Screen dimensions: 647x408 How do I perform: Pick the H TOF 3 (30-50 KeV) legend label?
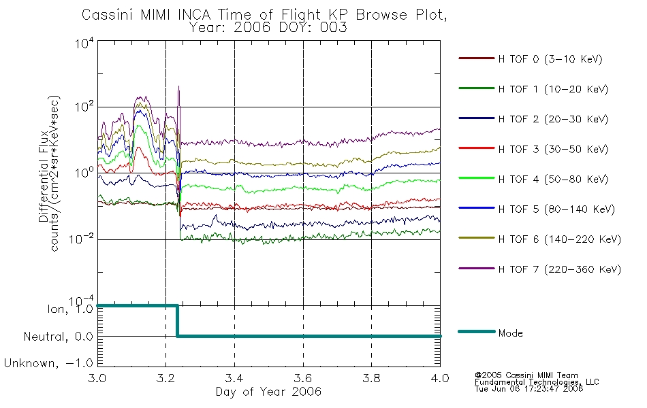tap(553, 149)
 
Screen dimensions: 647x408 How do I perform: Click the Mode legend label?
tap(510, 333)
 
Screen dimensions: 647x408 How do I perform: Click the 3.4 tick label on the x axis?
tap(234, 378)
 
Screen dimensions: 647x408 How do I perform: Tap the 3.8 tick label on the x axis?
tap(371, 378)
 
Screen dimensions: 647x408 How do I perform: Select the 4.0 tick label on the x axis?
tap(440, 378)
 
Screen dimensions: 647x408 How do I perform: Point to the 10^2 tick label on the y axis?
tap(84, 106)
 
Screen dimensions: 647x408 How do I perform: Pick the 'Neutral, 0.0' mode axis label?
tap(58, 337)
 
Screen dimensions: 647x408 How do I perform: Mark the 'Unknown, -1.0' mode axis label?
tap(48, 363)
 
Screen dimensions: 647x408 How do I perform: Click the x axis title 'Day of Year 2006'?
tap(268, 392)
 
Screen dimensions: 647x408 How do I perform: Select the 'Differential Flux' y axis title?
tap(44, 176)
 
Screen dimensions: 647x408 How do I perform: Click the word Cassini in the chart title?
tap(108, 15)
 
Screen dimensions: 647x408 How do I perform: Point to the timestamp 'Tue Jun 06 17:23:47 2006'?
tap(528, 388)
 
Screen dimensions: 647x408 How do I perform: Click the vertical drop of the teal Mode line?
tap(177, 321)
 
